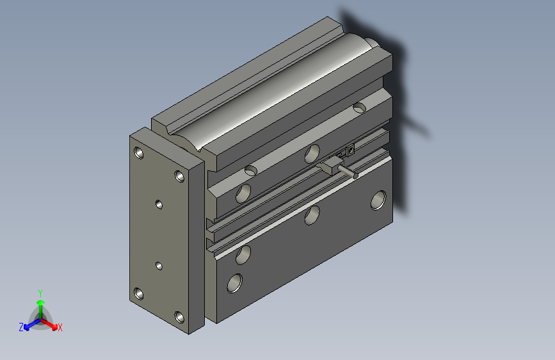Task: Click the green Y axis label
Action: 40,292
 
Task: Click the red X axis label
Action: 60,327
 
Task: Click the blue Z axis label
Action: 21,327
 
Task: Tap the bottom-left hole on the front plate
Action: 139,293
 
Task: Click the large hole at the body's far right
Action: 378,200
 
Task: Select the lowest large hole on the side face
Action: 235,282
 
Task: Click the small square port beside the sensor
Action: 350,151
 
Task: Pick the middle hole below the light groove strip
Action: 312,215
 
